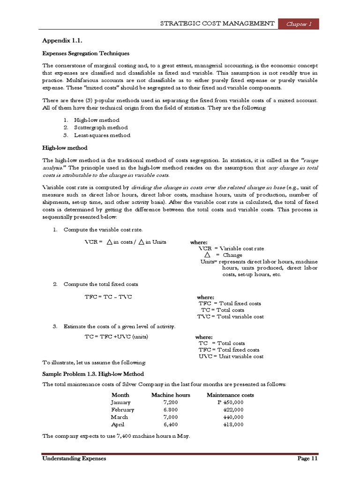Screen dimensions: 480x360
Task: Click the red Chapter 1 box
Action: (x=298, y=24)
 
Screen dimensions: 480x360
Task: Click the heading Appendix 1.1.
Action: (x=59, y=41)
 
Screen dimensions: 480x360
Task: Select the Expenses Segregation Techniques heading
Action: (x=86, y=53)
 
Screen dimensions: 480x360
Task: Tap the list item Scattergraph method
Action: (x=100, y=127)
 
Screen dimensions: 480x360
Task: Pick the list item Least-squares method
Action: (x=102, y=135)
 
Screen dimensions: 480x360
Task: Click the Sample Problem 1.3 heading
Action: (x=93, y=374)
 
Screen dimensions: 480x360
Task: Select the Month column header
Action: (x=120, y=395)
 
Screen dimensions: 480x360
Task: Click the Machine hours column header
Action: (x=171, y=395)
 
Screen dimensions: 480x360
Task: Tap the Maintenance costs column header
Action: (x=230, y=395)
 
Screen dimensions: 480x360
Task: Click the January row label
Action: (x=121, y=402)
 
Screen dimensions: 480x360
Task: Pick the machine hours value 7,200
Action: (x=171, y=402)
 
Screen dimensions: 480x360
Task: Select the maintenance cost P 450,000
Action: (x=230, y=402)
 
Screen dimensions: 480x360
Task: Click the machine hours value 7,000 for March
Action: (x=171, y=417)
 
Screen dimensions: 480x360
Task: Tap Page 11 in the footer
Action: (x=308, y=458)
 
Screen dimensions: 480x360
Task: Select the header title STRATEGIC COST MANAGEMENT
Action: (x=217, y=23)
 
